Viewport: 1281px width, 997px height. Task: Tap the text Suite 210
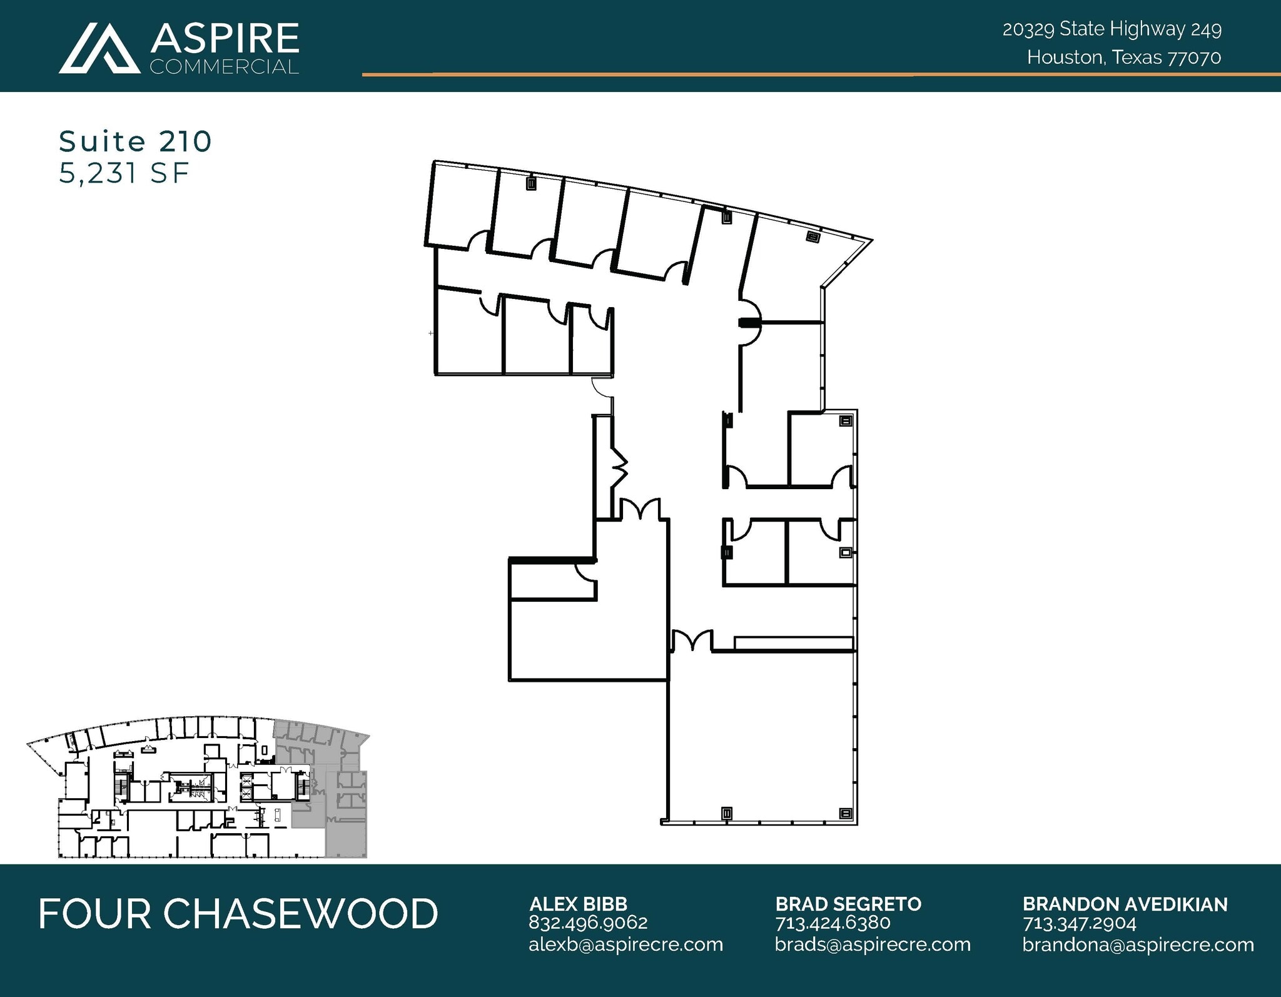[135, 142]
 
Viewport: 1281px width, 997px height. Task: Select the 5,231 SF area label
[123, 173]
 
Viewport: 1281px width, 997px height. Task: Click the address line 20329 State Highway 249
[1111, 29]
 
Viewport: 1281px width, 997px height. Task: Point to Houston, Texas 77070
[1123, 58]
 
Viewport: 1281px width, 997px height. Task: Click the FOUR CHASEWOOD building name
[238, 914]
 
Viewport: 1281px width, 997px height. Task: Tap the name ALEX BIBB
[578, 904]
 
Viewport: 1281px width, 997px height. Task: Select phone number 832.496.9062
[588, 923]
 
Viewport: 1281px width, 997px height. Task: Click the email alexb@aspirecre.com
[625, 944]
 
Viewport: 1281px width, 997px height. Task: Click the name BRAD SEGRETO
[848, 904]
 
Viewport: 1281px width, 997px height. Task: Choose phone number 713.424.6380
[833, 923]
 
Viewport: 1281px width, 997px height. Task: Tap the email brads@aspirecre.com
[873, 944]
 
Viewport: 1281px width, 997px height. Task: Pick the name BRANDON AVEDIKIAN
[1125, 904]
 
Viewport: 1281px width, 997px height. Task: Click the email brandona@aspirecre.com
[1138, 944]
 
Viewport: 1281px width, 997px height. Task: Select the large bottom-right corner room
[760, 738]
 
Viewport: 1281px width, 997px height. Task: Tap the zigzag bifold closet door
[619, 466]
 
